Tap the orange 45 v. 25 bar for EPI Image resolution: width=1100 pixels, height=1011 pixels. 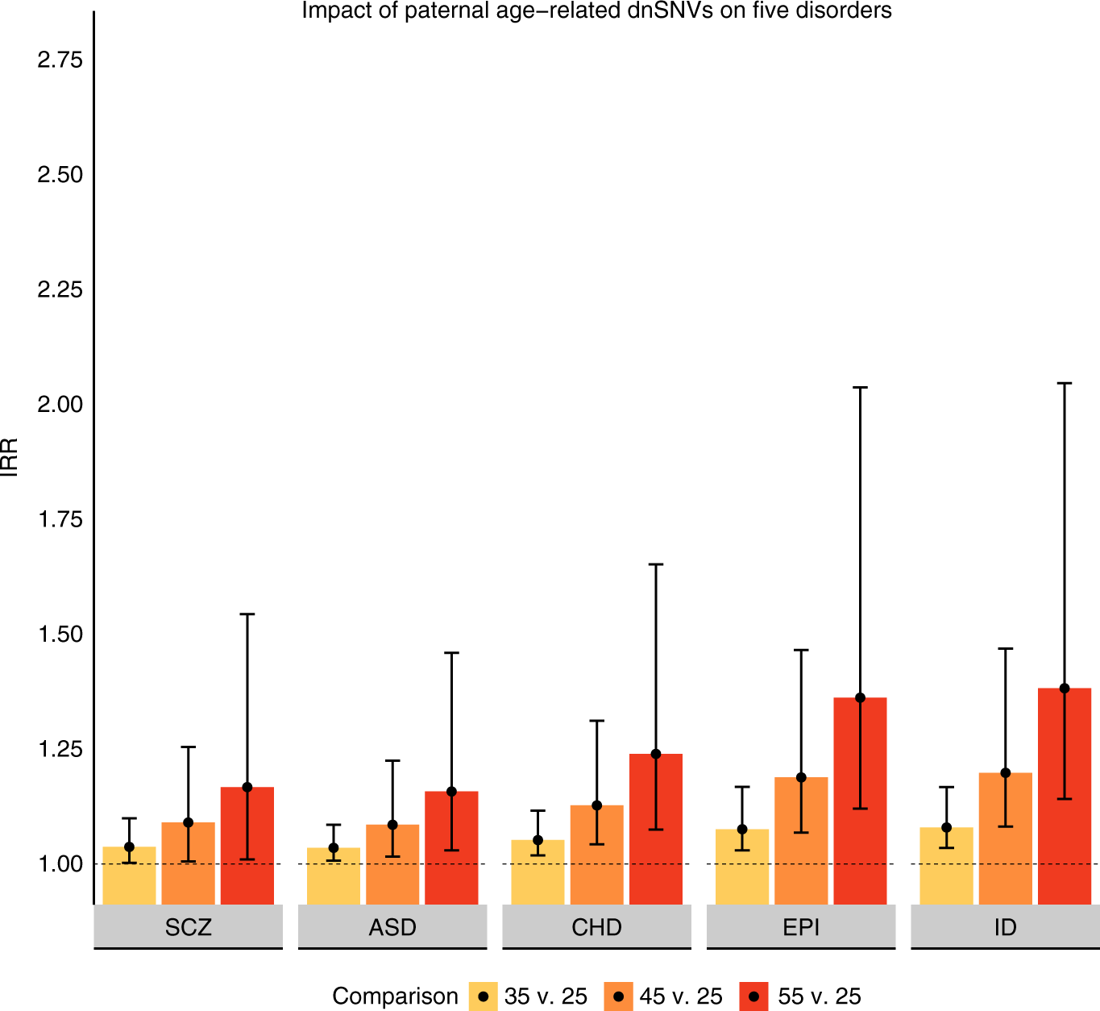[x=801, y=842]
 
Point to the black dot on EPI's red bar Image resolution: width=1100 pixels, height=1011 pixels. [x=860, y=698]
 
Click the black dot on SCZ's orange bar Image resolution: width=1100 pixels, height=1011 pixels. [x=189, y=823]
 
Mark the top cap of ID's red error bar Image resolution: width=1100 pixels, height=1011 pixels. [x=1064, y=384]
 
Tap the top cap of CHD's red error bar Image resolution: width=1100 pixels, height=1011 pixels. [x=656, y=565]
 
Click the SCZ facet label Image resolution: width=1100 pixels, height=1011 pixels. [x=189, y=927]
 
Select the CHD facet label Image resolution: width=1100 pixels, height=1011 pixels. [x=596, y=927]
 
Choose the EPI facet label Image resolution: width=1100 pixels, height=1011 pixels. [x=801, y=927]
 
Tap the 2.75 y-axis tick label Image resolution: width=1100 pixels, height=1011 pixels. [x=60, y=60]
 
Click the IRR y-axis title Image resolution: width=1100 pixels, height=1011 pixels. [x=10, y=457]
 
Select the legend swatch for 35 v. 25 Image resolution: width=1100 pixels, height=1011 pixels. [x=484, y=996]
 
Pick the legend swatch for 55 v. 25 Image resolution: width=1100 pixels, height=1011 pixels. [x=753, y=996]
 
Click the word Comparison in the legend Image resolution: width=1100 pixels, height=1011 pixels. [x=395, y=996]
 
